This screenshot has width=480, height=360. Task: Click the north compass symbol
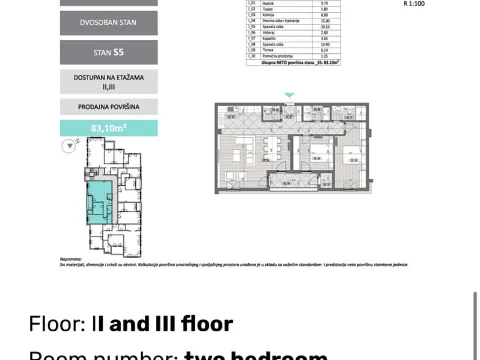(x=68, y=147)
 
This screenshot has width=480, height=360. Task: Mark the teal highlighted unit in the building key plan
(x=100, y=203)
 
